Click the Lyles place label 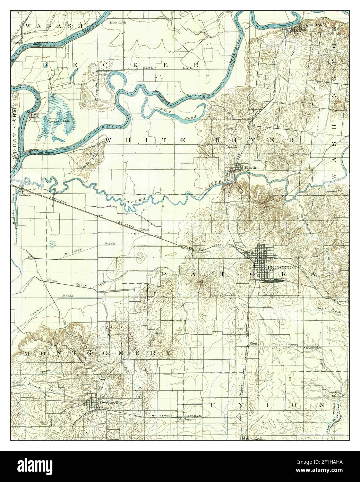(x=145, y=230)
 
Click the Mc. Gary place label (x=185, y=419)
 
